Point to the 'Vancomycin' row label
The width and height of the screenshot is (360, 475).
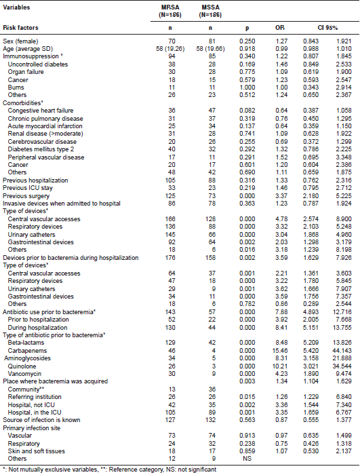pyautogui.click(x=26, y=374)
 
